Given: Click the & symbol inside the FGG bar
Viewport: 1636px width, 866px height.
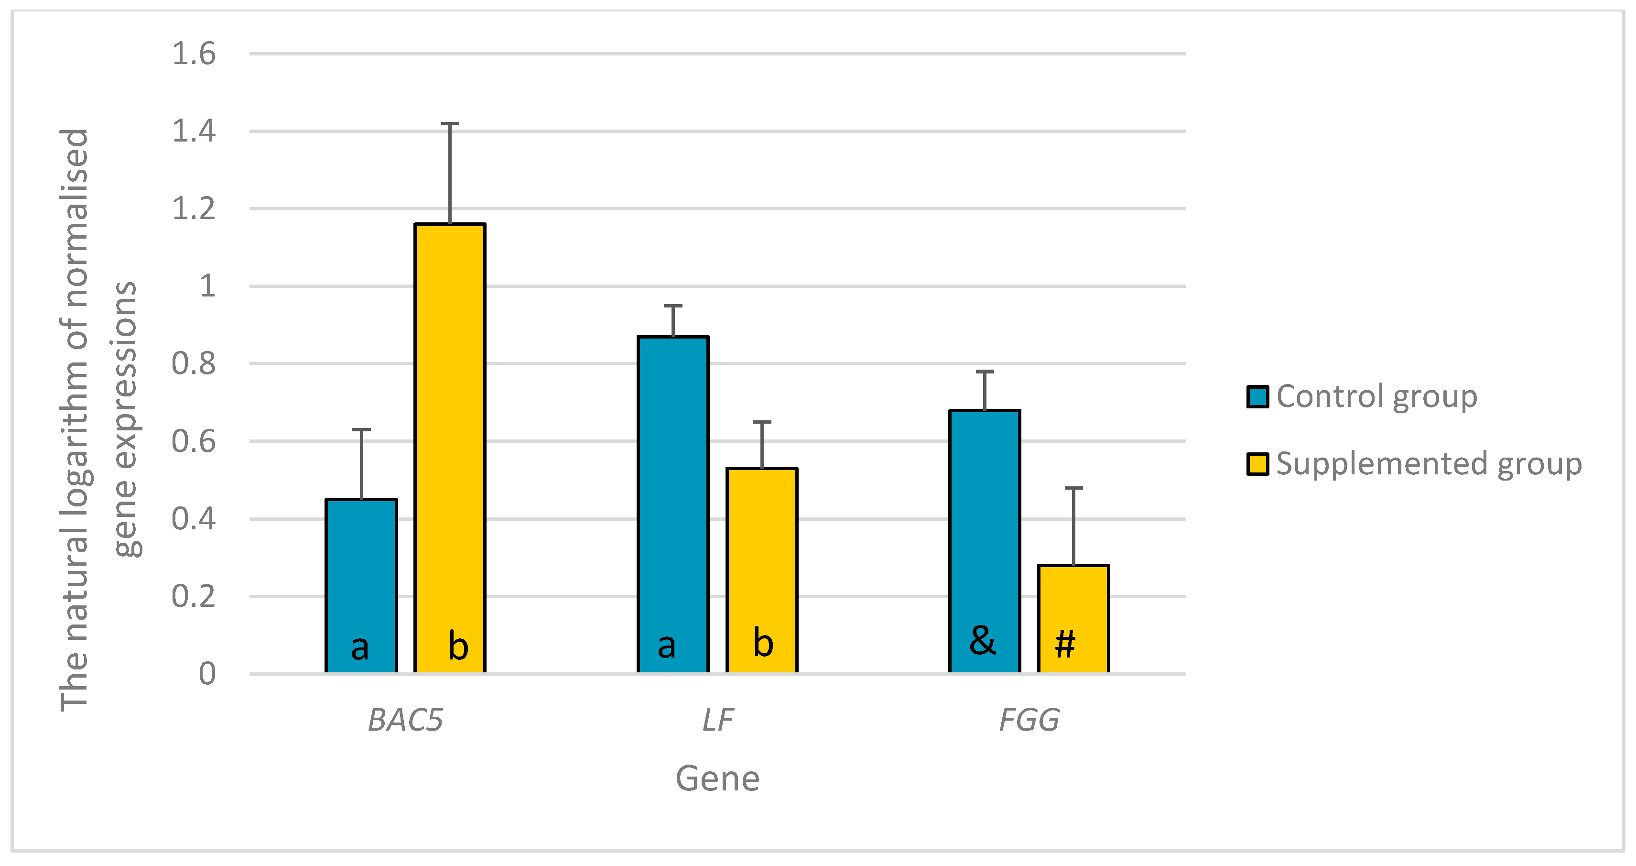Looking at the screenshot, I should click(x=983, y=640).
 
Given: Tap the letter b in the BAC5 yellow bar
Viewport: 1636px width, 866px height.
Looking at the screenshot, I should click(x=458, y=646).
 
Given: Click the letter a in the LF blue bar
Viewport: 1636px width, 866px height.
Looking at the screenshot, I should click(x=666, y=646).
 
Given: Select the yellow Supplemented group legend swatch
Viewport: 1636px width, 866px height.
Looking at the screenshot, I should click(x=1257, y=464).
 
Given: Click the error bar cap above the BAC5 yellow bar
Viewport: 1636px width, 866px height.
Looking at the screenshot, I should click(x=450, y=124).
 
